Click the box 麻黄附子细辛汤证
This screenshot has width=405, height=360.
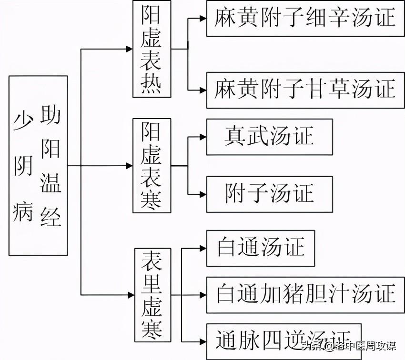(x=305, y=18)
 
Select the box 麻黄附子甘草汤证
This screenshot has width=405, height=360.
(x=305, y=90)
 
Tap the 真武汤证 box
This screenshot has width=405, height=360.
(x=269, y=137)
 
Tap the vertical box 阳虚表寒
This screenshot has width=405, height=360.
(x=152, y=165)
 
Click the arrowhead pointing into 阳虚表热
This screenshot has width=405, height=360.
(x=129, y=49)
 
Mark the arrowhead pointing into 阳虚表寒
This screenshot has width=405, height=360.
(x=129, y=166)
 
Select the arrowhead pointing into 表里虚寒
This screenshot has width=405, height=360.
(x=129, y=295)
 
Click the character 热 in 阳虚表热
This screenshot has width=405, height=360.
(x=152, y=85)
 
